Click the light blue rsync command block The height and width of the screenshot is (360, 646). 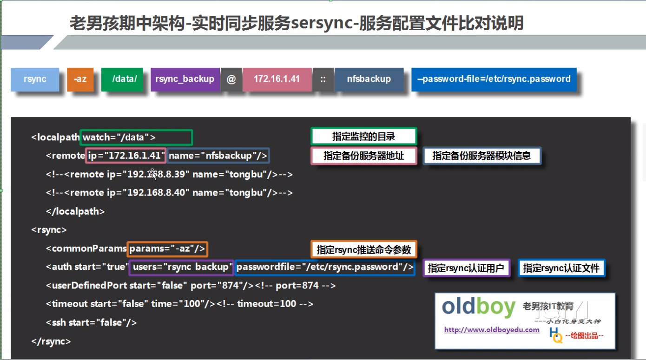35,79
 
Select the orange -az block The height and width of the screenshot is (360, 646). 80,79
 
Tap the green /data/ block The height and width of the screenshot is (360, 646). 125,79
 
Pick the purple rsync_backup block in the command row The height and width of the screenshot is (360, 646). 185,79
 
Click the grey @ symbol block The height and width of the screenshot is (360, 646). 231,79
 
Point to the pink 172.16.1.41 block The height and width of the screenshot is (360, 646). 277,79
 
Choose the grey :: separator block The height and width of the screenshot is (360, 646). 323,79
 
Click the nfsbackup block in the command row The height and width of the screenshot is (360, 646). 369,79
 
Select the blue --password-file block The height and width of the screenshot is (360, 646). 494,79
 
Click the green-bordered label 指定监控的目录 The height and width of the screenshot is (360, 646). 363,137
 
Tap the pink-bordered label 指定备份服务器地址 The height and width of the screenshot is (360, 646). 364,156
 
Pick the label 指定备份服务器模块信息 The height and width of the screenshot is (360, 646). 481,156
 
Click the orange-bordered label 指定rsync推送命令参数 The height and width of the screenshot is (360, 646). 363,249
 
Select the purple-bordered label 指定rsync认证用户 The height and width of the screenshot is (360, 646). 466,268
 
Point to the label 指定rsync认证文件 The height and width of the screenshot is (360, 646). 561,268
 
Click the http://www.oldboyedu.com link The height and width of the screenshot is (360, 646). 492,330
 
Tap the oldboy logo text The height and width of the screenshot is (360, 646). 478,308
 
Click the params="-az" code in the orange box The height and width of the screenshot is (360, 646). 167,249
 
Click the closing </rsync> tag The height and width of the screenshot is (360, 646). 51,341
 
